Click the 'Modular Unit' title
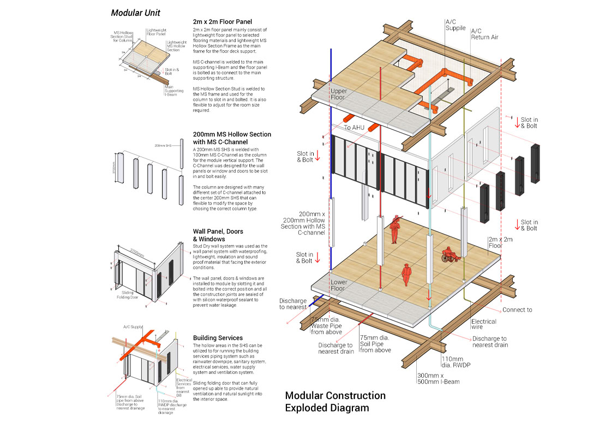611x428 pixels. pyautogui.click(x=135, y=13)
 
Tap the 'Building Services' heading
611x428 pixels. pyautogui.click(x=218, y=338)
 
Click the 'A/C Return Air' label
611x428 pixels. pyautogui.click(x=484, y=34)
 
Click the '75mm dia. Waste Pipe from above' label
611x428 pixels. pyautogui.click(x=326, y=325)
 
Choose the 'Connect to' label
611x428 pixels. pyautogui.click(x=517, y=310)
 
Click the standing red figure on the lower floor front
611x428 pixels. pyautogui.click(x=405, y=275)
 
